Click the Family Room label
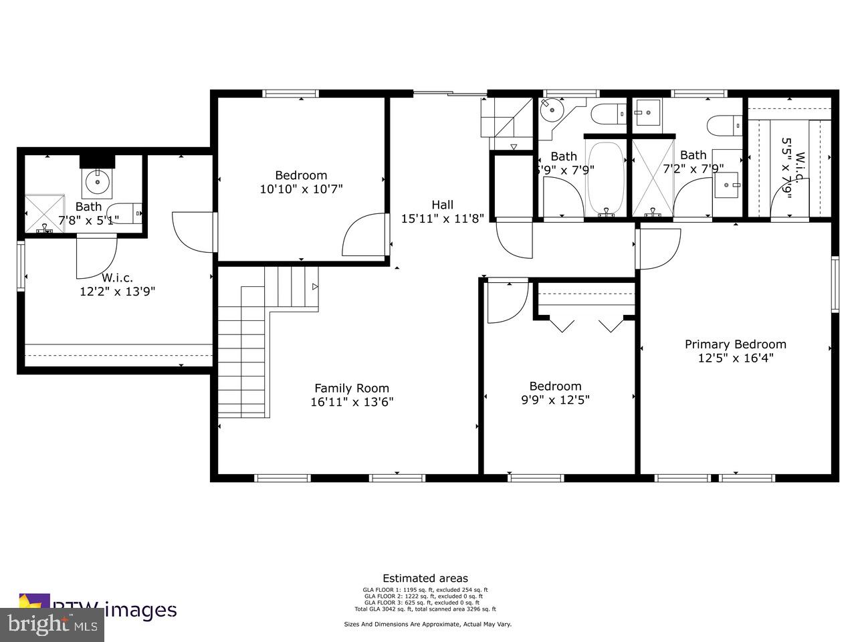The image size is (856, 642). pyautogui.click(x=352, y=388)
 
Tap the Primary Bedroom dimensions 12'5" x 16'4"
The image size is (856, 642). pyautogui.click(x=735, y=358)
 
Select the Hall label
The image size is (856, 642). pyautogui.click(x=442, y=205)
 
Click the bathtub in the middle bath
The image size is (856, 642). pyautogui.click(x=605, y=177)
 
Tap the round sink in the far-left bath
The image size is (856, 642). pyautogui.click(x=98, y=180)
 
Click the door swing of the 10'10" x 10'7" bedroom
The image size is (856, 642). pyautogui.click(x=364, y=235)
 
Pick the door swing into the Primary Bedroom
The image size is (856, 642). pyautogui.click(x=659, y=247)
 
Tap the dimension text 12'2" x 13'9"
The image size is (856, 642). pyautogui.click(x=118, y=291)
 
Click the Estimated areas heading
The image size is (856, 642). pyautogui.click(x=425, y=578)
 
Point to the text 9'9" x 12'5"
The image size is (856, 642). pyautogui.click(x=555, y=400)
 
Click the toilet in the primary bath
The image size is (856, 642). pyautogui.click(x=725, y=124)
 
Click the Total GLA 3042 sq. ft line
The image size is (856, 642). pyautogui.click(x=425, y=609)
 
